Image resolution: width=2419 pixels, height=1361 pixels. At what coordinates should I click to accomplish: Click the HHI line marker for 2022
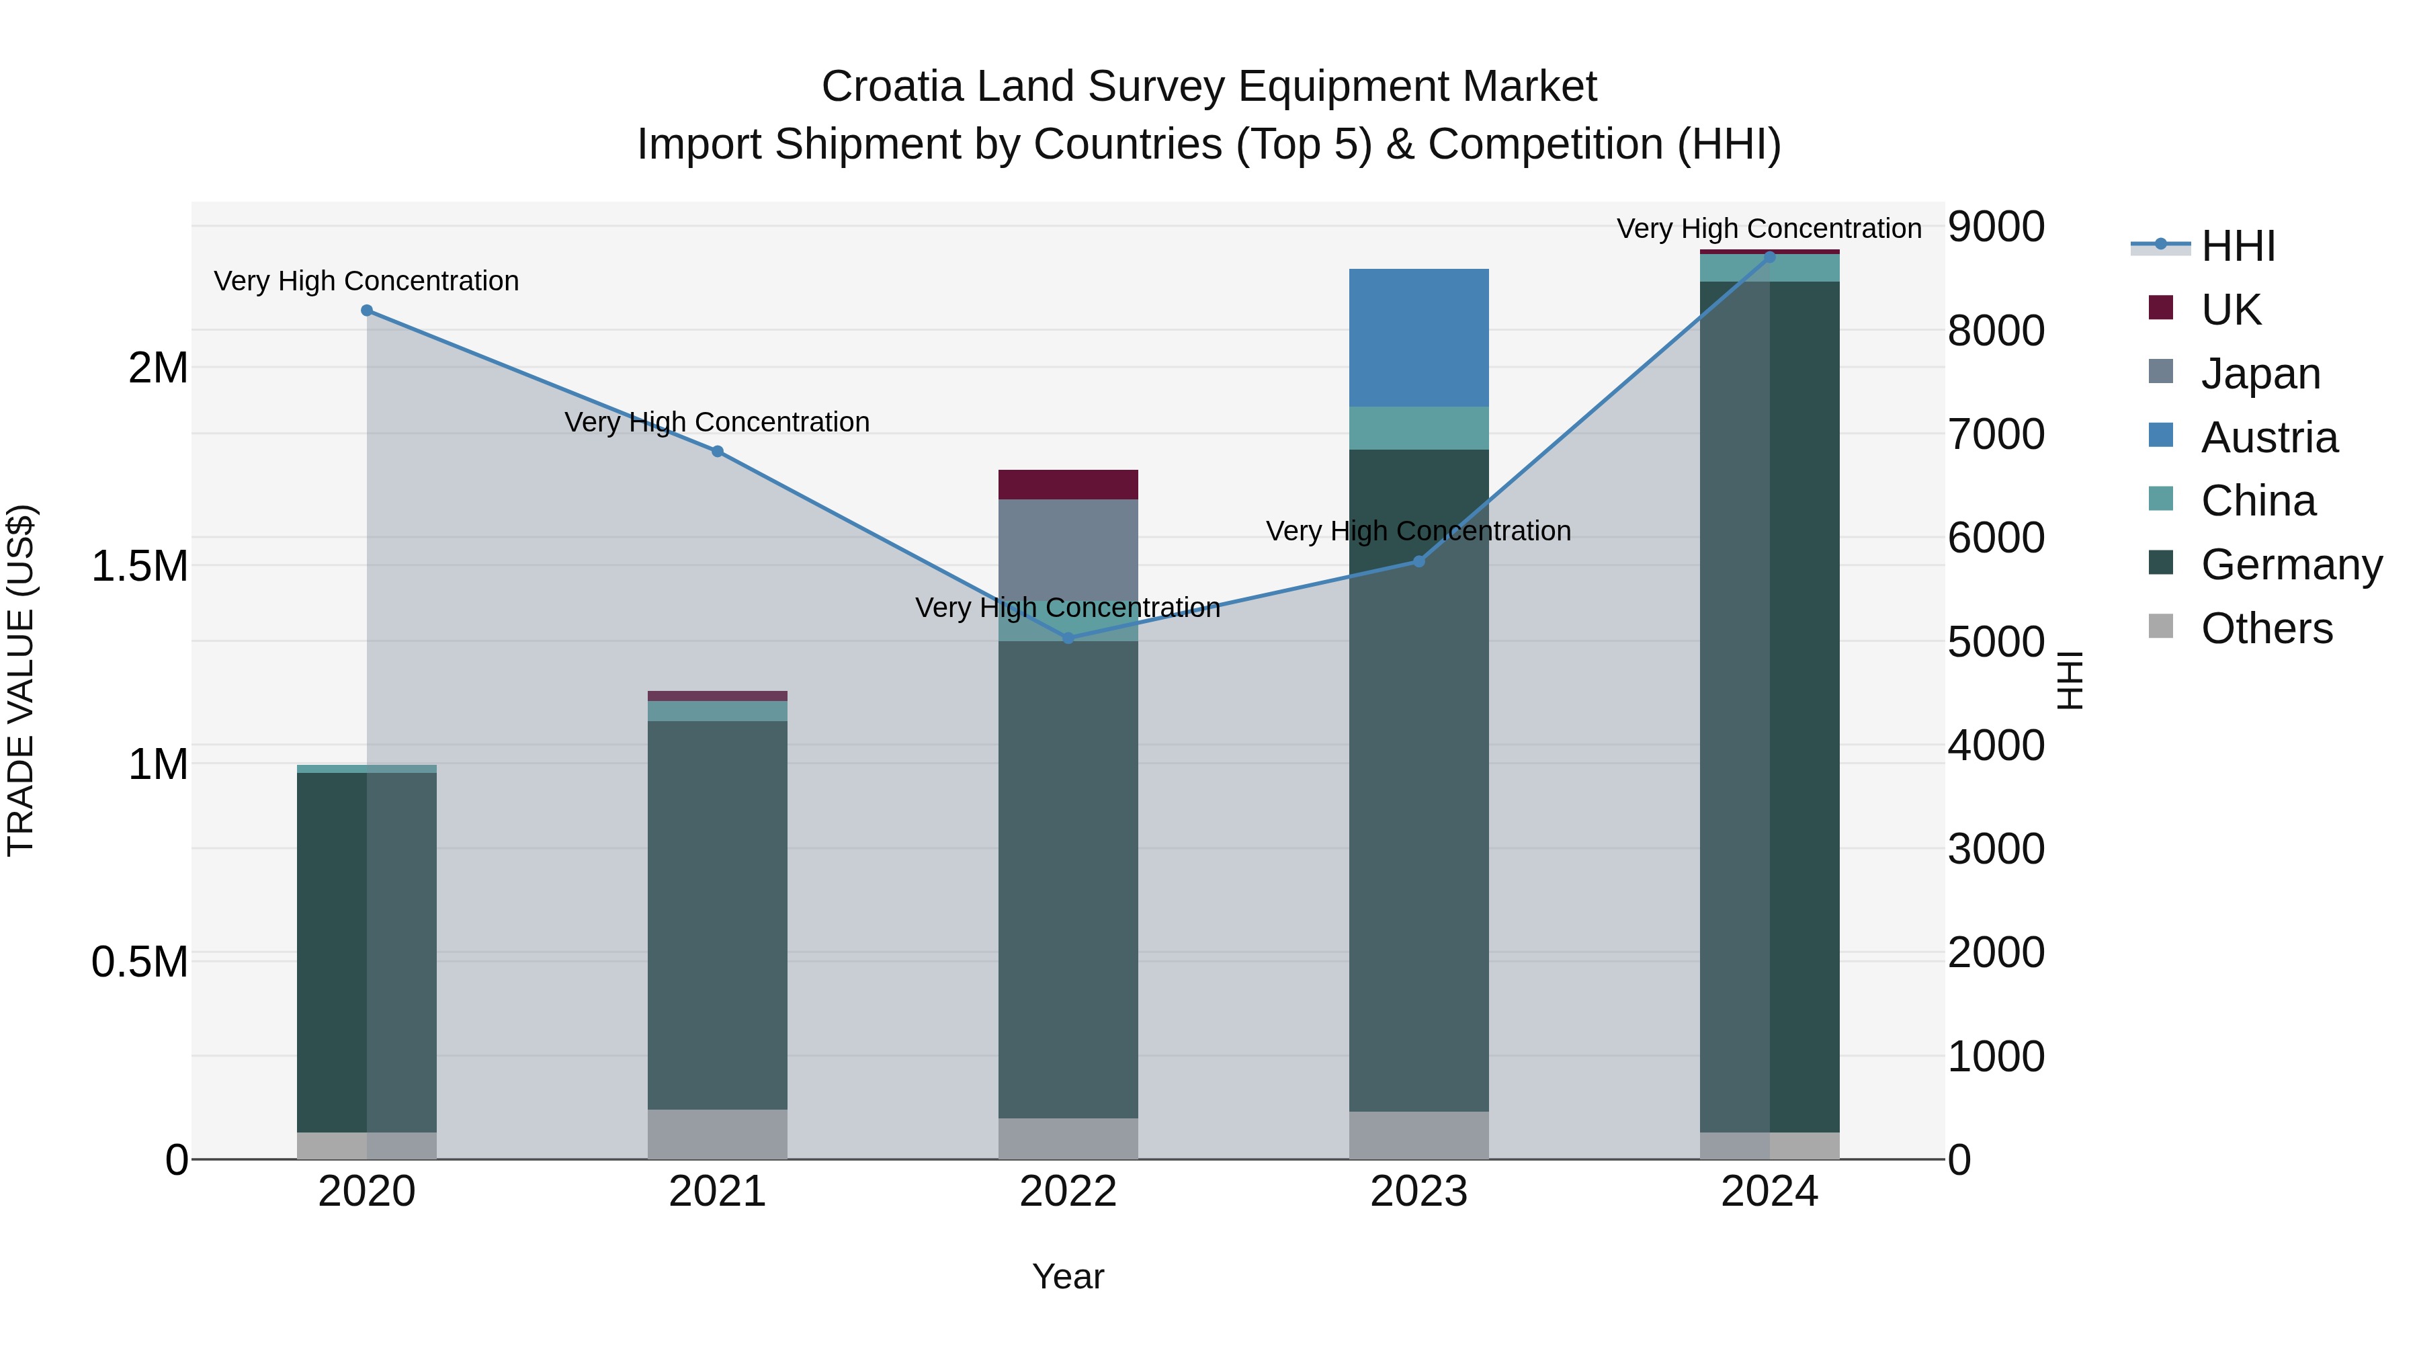1068,638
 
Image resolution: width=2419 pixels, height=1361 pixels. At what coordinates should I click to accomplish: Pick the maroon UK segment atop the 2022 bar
1068,485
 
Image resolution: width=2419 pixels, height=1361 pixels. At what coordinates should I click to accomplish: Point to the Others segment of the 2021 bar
718,1134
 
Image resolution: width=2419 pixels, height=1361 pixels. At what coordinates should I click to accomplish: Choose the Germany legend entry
2291,565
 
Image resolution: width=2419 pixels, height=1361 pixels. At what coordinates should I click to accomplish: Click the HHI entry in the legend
2238,246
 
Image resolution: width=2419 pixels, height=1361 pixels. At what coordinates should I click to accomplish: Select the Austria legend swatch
2161,436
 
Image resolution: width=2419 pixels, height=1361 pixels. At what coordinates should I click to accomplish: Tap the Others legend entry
2266,628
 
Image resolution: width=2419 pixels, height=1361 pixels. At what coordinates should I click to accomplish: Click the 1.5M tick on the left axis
139,567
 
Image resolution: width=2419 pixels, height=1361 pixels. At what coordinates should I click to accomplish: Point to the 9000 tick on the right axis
1996,226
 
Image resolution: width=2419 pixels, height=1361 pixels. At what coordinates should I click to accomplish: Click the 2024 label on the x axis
1769,1192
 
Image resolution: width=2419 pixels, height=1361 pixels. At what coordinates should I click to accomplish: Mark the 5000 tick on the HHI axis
1996,643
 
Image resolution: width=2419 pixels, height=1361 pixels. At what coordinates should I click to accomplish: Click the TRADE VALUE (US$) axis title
21,680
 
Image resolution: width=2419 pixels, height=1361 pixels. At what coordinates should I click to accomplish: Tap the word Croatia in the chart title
892,87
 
